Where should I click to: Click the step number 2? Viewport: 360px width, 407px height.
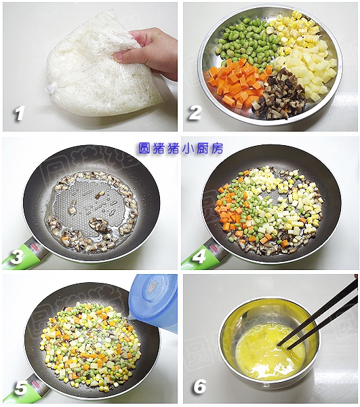click(x=195, y=113)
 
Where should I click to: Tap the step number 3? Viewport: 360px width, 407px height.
click(x=16, y=256)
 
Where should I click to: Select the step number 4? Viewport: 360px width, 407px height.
click(x=199, y=256)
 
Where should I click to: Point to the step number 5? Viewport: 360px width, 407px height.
click(x=21, y=388)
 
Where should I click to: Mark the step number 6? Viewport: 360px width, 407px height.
click(x=200, y=386)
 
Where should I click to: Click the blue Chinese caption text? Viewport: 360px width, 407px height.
click(x=180, y=148)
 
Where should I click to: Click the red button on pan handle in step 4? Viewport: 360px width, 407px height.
click(x=214, y=247)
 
